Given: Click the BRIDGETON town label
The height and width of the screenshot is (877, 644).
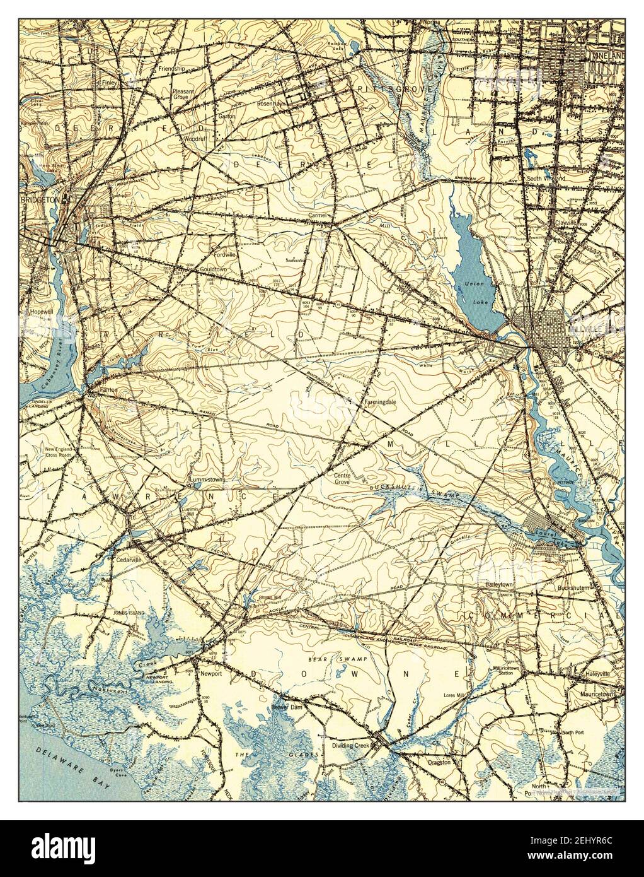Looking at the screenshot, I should tap(39, 199).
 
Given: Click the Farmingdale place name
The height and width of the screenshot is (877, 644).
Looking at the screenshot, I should tap(378, 400).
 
